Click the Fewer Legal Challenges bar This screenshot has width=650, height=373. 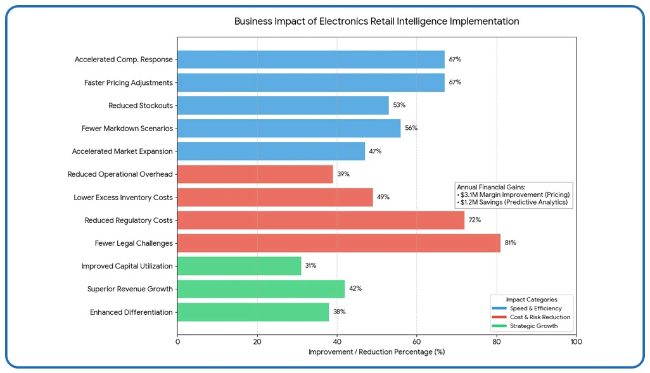[x=338, y=243]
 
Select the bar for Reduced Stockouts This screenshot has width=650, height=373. [x=283, y=105]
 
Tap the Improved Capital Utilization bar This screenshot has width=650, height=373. [x=239, y=266]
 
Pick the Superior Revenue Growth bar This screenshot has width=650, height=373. [x=260, y=289]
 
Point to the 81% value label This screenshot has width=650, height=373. [x=510, y=243]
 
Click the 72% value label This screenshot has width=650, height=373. [x=475, y=220]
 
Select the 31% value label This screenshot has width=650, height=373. [x=310, y=266]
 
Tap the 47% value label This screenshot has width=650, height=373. [x=375, y=151]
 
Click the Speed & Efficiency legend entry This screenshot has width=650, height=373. [x=535, y=308]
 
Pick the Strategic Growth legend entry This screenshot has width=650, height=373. [x=533, y=326]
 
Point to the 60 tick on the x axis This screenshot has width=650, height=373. [x=417, y=342]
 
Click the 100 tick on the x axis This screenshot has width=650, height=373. [x=576, y=342]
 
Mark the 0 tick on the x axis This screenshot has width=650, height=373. [x=177, y=342]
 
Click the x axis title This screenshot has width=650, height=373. [x=376, y=352]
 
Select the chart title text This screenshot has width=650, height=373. [x=376, y=22]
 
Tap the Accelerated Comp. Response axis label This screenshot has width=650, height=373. [x=124, y=60]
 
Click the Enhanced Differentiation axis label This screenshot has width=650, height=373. [x=131, y=312]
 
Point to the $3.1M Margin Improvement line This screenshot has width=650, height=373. [x=514, y=195]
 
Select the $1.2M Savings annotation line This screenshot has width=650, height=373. [x=513, y=203]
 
